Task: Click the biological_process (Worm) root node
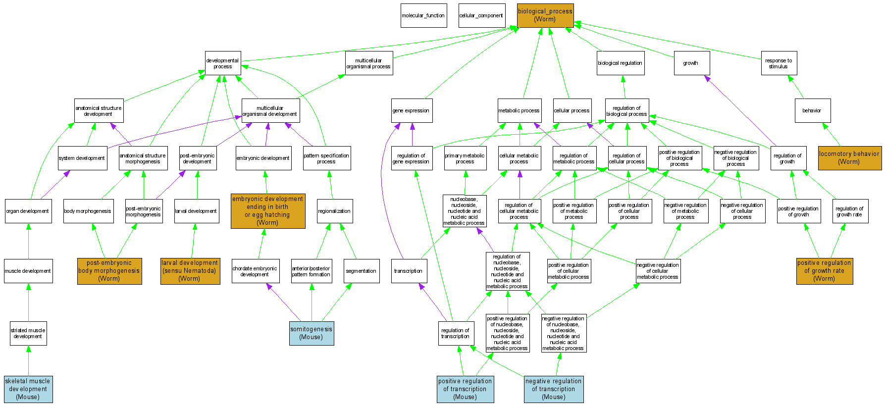pos(545,15)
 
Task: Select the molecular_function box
pos(423,15)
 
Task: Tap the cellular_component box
pos(481,15)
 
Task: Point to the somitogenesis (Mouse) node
pos(312,333)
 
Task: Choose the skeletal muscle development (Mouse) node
pos(28,389)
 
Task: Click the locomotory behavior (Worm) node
pos(849,158)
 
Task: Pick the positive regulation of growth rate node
pos(824,271)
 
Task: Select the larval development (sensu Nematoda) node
pos(190,271)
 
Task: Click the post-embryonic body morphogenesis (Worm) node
pos(109,271)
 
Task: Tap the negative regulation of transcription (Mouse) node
pos(554,389)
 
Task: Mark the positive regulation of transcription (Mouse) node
pos(465,389)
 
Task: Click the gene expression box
pos(412,110)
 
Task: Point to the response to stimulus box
pos(779,63)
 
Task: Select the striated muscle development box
pos(28,333)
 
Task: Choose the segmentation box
pos(362,271)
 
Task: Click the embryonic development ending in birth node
pos(268,211)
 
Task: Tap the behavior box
pos(812,110)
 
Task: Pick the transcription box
pos(409,271)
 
